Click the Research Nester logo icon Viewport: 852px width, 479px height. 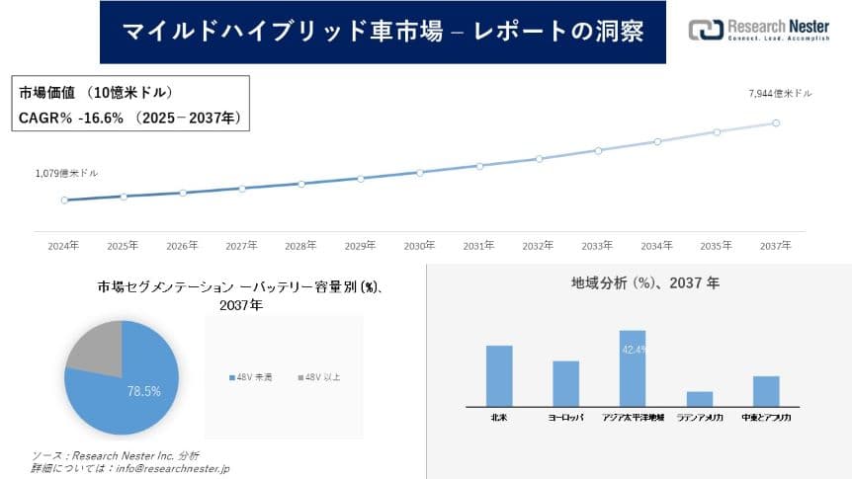pyautogui.click(x=705, y=30)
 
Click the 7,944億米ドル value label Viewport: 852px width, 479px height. pyautogui.click(x=780, y=93)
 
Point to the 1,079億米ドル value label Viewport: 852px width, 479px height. pyautogui.click(x=66, y=174)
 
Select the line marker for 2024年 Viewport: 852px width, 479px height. pyautogui.click(x=64, y=200)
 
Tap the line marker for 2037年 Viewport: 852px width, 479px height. pyautogui.click(x=776, y=123)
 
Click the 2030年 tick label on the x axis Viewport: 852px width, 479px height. pyautogui.click(x=419, y=245)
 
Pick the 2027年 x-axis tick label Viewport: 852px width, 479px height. pyautogui.click(x=241, y=245)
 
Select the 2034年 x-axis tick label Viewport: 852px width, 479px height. pyautogui.click(x=656, y=245)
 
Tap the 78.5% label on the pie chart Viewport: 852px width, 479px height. pyautogui.click(x=144, y=391)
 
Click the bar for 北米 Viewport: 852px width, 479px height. pyautogui.click(x=499, y=375)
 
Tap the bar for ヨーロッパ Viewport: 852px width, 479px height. pyautogui.click(x=565, y=383)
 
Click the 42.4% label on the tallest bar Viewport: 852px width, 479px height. pyautogui.click(x=634, y=349)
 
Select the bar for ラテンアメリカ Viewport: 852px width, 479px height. pyautogui.click(x=700, y=398)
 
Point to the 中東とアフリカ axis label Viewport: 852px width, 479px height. pyautogui.click(x=766, y=418)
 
